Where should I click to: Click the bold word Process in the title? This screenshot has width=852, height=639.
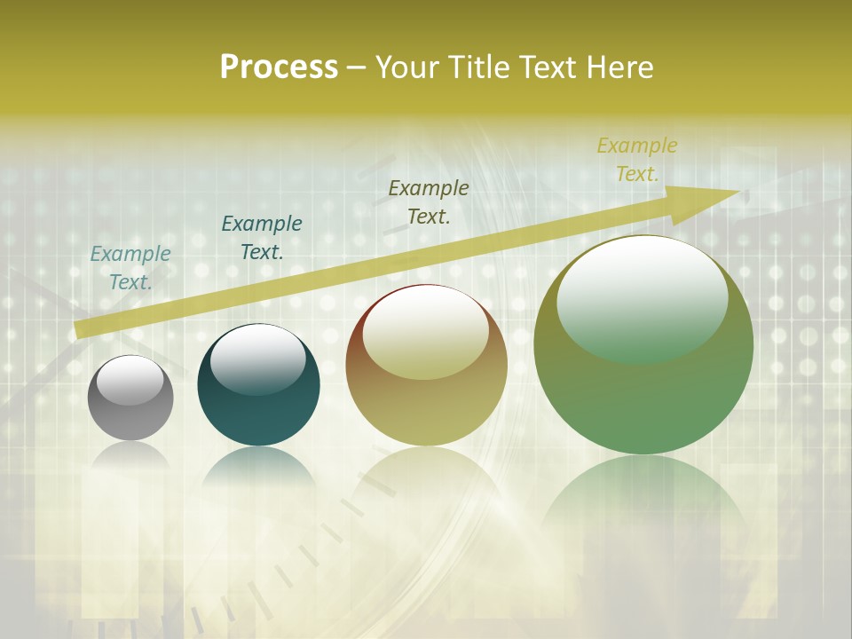(x=279, y=67)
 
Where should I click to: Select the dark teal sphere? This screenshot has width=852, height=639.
(x=258, y=408)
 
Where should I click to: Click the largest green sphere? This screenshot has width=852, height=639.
(x=643, y=399)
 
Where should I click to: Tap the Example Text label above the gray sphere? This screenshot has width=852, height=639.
(x=130, y=267)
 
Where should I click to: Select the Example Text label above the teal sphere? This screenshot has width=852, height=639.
(x=262, y=237)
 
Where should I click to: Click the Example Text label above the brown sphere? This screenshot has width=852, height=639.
(x=429, y=201)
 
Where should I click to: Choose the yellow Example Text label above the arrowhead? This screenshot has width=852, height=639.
(x=636, y=159)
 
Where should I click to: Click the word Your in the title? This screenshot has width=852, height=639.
(x=408, y=67)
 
